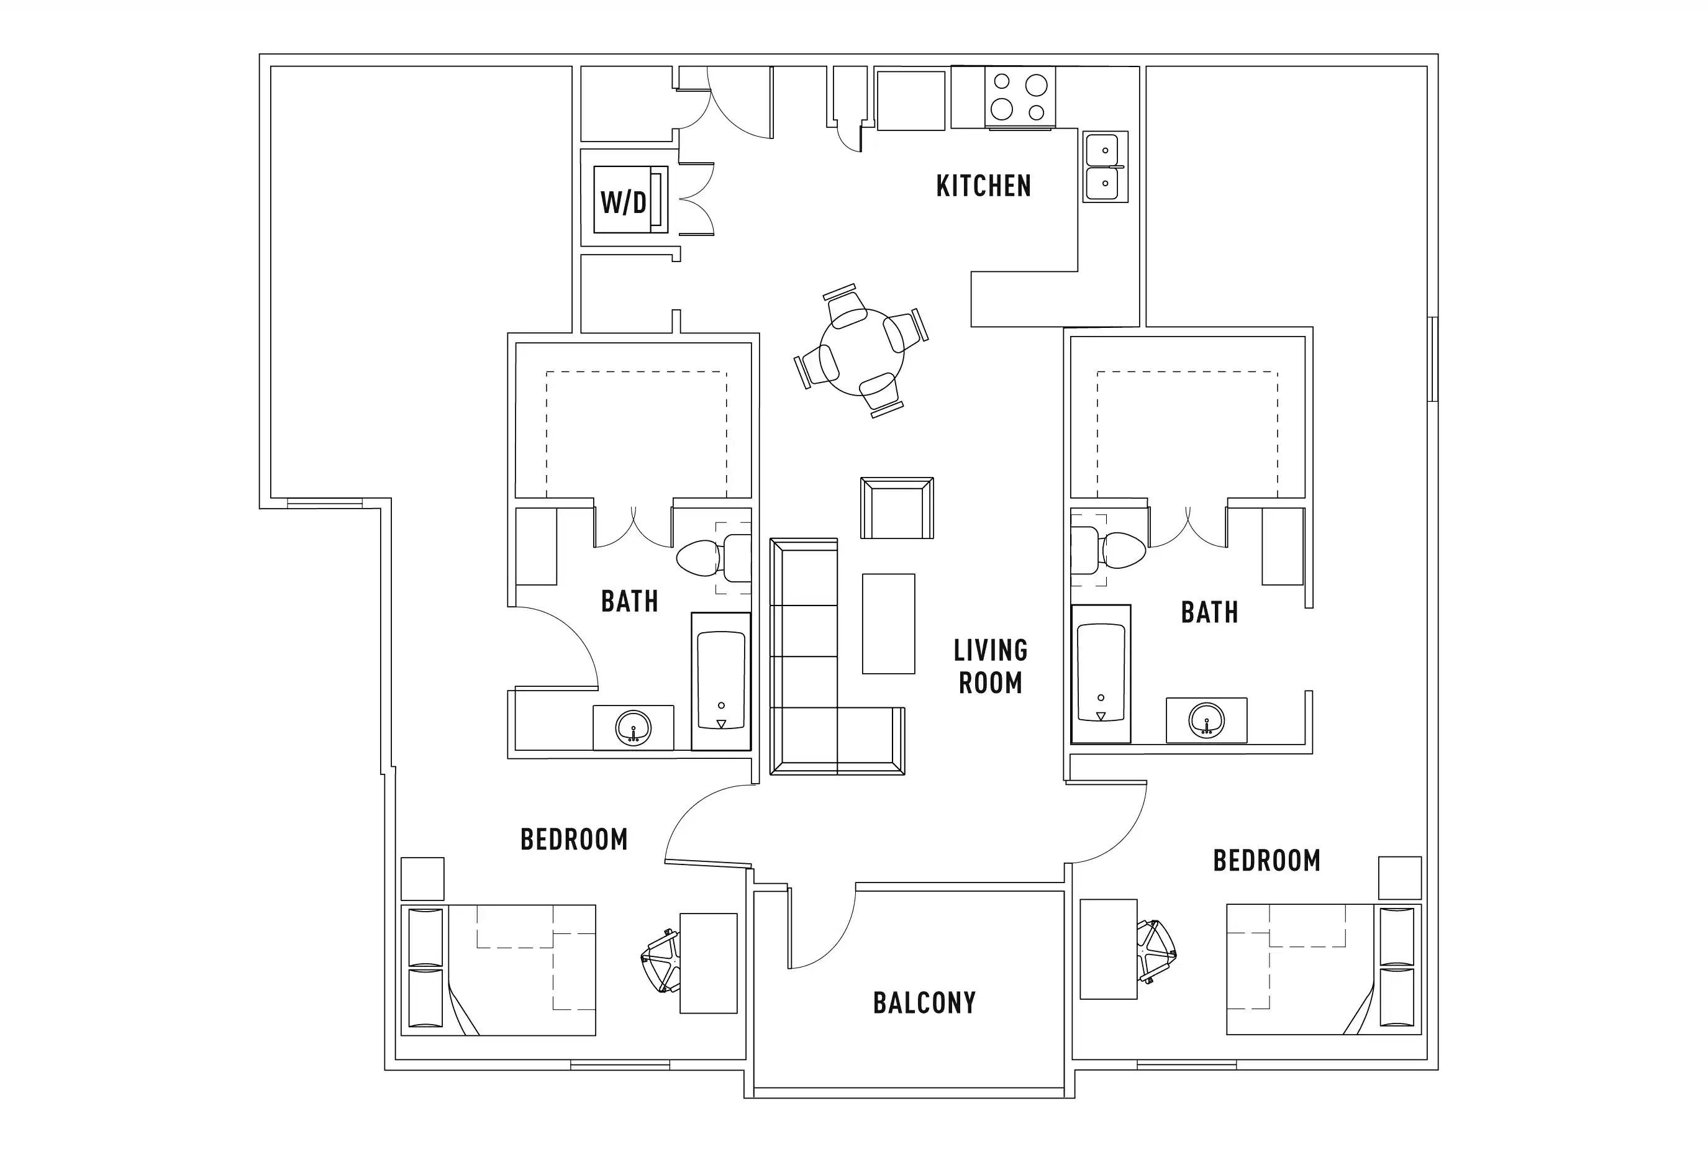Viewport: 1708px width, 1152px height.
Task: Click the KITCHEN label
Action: [983, 186]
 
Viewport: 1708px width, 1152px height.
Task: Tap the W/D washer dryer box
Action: [624, 201]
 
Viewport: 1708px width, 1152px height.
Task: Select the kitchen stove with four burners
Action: [1020, 97]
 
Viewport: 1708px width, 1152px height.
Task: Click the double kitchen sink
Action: [1104, 168]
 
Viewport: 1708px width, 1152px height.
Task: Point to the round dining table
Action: [861, 351]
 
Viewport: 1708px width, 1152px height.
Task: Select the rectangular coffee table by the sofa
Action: [888, 624]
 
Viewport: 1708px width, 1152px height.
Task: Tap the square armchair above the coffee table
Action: [897, 509]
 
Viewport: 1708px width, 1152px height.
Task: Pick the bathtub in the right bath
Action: [1101, 673]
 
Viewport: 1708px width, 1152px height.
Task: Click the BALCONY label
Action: [924, 1003]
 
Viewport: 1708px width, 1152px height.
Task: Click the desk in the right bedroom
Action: [1108, 949]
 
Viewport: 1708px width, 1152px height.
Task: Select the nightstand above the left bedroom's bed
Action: [422, 879]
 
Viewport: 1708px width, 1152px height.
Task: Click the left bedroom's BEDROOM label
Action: [574, 839]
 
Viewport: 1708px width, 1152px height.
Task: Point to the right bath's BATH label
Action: [1209, 612]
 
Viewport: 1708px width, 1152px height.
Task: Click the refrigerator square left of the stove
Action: [911, 101]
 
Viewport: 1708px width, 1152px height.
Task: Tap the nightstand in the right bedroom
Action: [1399, 878]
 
